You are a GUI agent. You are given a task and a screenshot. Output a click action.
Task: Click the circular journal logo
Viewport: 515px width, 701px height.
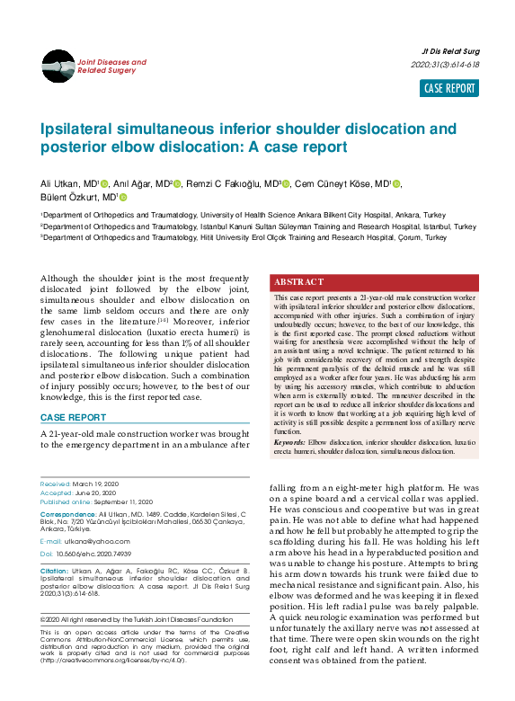[x=58, y=66]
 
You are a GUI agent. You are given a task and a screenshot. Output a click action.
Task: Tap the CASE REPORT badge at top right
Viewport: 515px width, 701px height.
[x=450, y=88]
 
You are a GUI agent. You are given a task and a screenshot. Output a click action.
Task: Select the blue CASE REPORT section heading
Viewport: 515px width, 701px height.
[x=73, y=418]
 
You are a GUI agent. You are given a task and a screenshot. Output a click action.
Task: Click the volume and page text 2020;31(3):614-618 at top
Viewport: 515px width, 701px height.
[x=445, y=65]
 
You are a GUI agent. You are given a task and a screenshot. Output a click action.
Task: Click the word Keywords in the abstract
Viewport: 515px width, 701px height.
[x=289, y=443]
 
